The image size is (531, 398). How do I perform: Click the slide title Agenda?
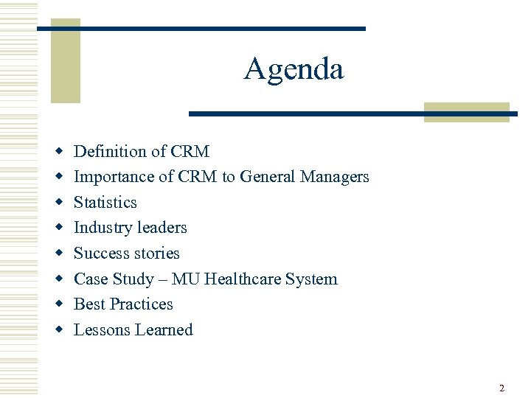[294, 70]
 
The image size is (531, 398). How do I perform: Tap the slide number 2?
[502, 388]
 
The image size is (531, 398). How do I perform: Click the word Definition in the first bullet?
[110, 152]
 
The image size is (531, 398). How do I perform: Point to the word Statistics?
[105, 203]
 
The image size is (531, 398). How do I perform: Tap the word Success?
[100, 254]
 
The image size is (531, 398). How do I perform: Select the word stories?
[156, 254]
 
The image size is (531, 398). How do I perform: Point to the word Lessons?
[102, 330]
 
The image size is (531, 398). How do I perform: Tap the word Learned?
[163, 330]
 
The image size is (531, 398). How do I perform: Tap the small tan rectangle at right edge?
[467, 112]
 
